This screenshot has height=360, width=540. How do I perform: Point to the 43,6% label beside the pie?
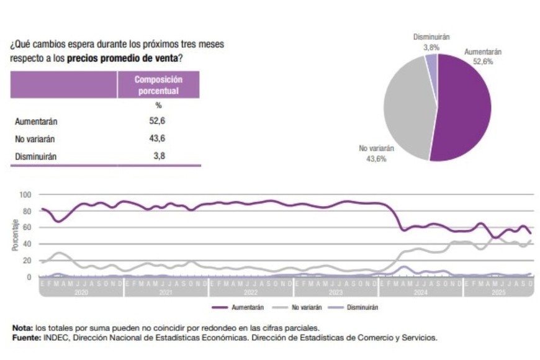tap(376, 159)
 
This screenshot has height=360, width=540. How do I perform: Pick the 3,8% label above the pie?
tap(432, 47)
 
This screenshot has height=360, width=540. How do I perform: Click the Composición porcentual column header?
tap(158, 85)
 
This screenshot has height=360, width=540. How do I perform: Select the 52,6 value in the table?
tap(158, 122)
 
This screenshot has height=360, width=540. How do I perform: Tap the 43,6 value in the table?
tap(158, 138)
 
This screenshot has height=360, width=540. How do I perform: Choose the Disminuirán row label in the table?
tap(35, 157)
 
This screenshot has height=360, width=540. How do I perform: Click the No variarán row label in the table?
tap(35, 139)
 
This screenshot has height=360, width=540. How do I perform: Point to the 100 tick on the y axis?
tap(25, 195)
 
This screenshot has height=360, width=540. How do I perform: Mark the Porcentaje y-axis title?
tap(14, 236)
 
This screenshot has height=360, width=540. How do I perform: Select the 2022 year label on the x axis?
tap(251, 291)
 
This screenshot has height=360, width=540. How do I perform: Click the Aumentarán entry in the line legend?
tap(247, 307)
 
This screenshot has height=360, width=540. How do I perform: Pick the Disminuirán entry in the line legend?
tap(362, 307)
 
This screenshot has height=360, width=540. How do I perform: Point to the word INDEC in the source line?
tap(54, 338)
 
